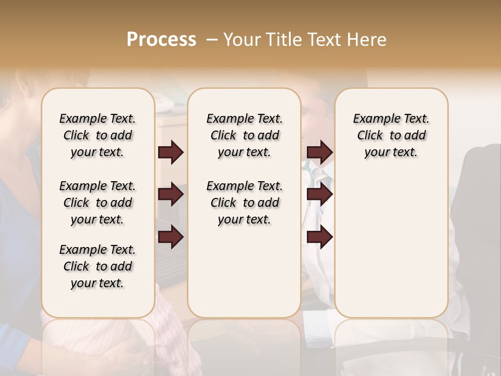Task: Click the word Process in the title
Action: point(161,40)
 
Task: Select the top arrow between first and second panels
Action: point(171,152)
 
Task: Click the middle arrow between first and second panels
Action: point(171,195)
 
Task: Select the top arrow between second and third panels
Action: point(319,152)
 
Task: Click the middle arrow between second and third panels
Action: point(319,195)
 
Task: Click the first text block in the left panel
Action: point(98,135)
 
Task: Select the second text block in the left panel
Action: point(98,203)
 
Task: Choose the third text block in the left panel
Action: point(98,266)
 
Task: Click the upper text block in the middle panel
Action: point(244,135)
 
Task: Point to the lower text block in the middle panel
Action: point(244,203)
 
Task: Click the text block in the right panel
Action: point(391,135)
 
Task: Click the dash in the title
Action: point(211,40)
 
